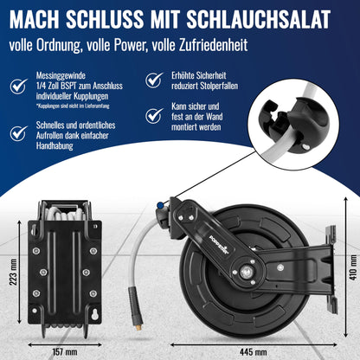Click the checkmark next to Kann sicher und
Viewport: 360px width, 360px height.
pyautogui.click(x=153, y=114)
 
